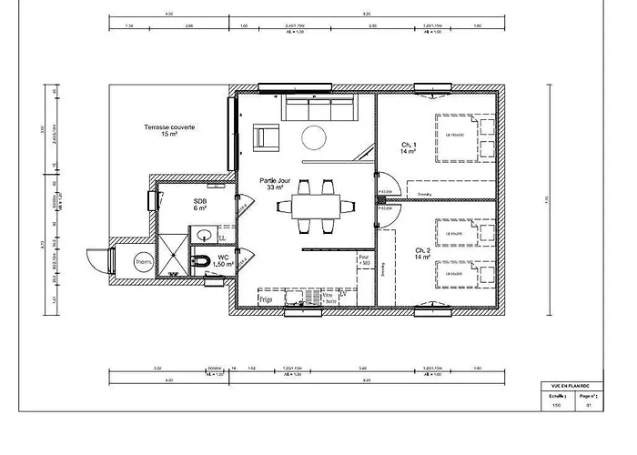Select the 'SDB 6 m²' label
pyautogui.click(x=200, y=204)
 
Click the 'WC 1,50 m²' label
pyautogui.click(x=224, y=261)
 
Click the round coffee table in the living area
pyautogui.click(x=313, y=137)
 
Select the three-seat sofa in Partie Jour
pyautogui.click(x=318, y=109)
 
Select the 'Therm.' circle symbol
pyautogui.click(x=144, y=263)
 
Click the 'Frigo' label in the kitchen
pyautogui.click(x=265, y=298)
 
